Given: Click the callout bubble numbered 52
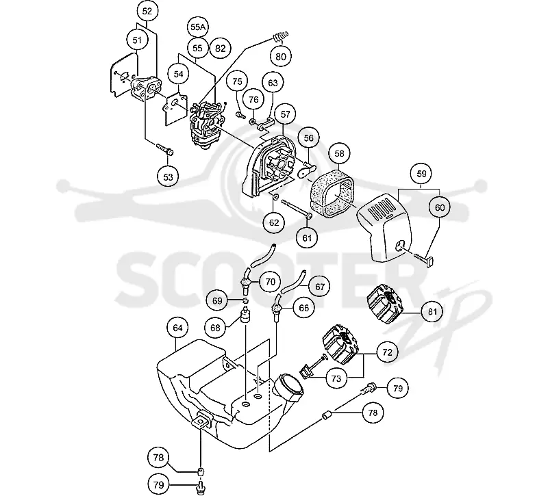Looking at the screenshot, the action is click(x=147, y=12).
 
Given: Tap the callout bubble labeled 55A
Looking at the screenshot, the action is click(x=198, y=27).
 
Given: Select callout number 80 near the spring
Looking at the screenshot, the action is click(x=281, y=57).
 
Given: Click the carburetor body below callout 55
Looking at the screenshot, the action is click(x=204, y=122).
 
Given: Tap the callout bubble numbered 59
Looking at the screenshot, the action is click(x=422, y=174).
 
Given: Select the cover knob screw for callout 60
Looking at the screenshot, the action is click(x=423, y=259).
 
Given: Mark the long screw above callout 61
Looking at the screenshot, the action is click(x=295, y=209).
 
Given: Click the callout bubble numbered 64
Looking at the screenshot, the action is click(x=177, y=328).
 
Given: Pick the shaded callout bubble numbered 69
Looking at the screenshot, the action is click(x=217, y=301).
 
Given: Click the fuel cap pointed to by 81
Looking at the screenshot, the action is click(x=385, y=305).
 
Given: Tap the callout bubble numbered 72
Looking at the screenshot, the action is click(x=388, y=352).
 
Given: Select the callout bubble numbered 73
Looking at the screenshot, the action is click(x=336, y=378).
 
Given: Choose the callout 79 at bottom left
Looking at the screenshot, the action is click(x=159, y=485).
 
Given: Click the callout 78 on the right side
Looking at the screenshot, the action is click(x=373, y=413).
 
